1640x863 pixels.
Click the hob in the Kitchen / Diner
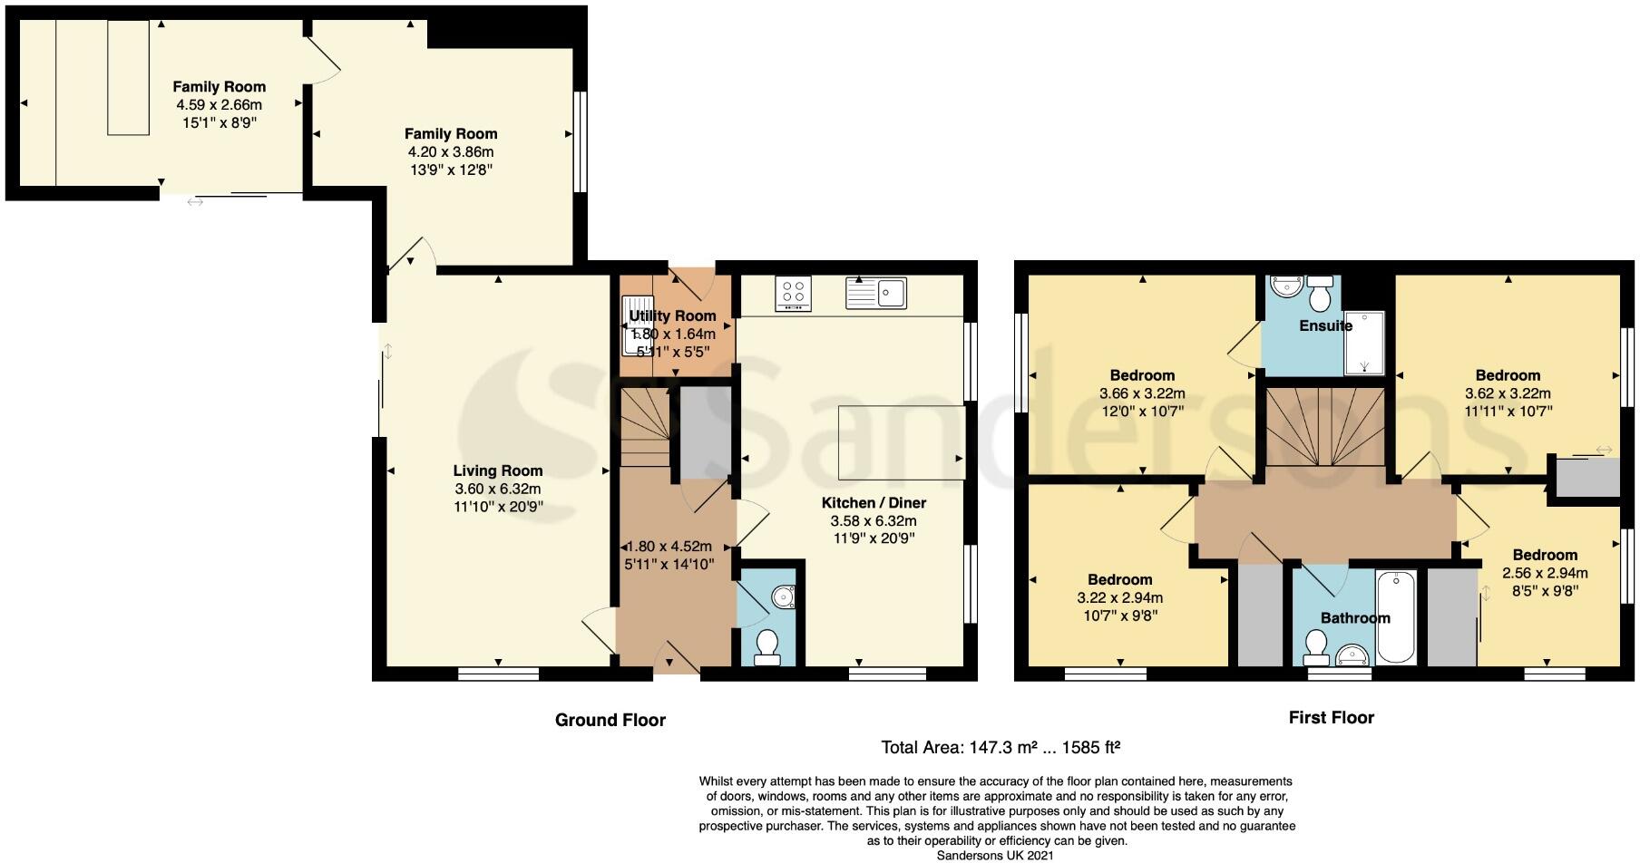pos(794,293)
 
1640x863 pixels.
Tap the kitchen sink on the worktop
pos(875,293)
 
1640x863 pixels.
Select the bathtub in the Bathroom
pos(1396,617)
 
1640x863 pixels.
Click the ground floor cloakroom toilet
pos(767,646)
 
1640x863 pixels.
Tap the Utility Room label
pos(672,315)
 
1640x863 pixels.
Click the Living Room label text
pos(498,470)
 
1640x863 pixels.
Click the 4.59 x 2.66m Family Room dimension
pos(220,105)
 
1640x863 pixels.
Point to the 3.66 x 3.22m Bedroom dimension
pos(1142,393)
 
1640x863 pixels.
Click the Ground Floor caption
pos(610,720)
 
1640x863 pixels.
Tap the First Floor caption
pos(1331,717)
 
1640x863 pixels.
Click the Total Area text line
pos(1001,748)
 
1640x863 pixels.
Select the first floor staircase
pos(1325,426)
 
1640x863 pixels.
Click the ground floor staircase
pos(645,426)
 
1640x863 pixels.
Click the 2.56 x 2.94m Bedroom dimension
pos(1545,573)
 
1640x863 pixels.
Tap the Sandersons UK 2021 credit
pos(995,854)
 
